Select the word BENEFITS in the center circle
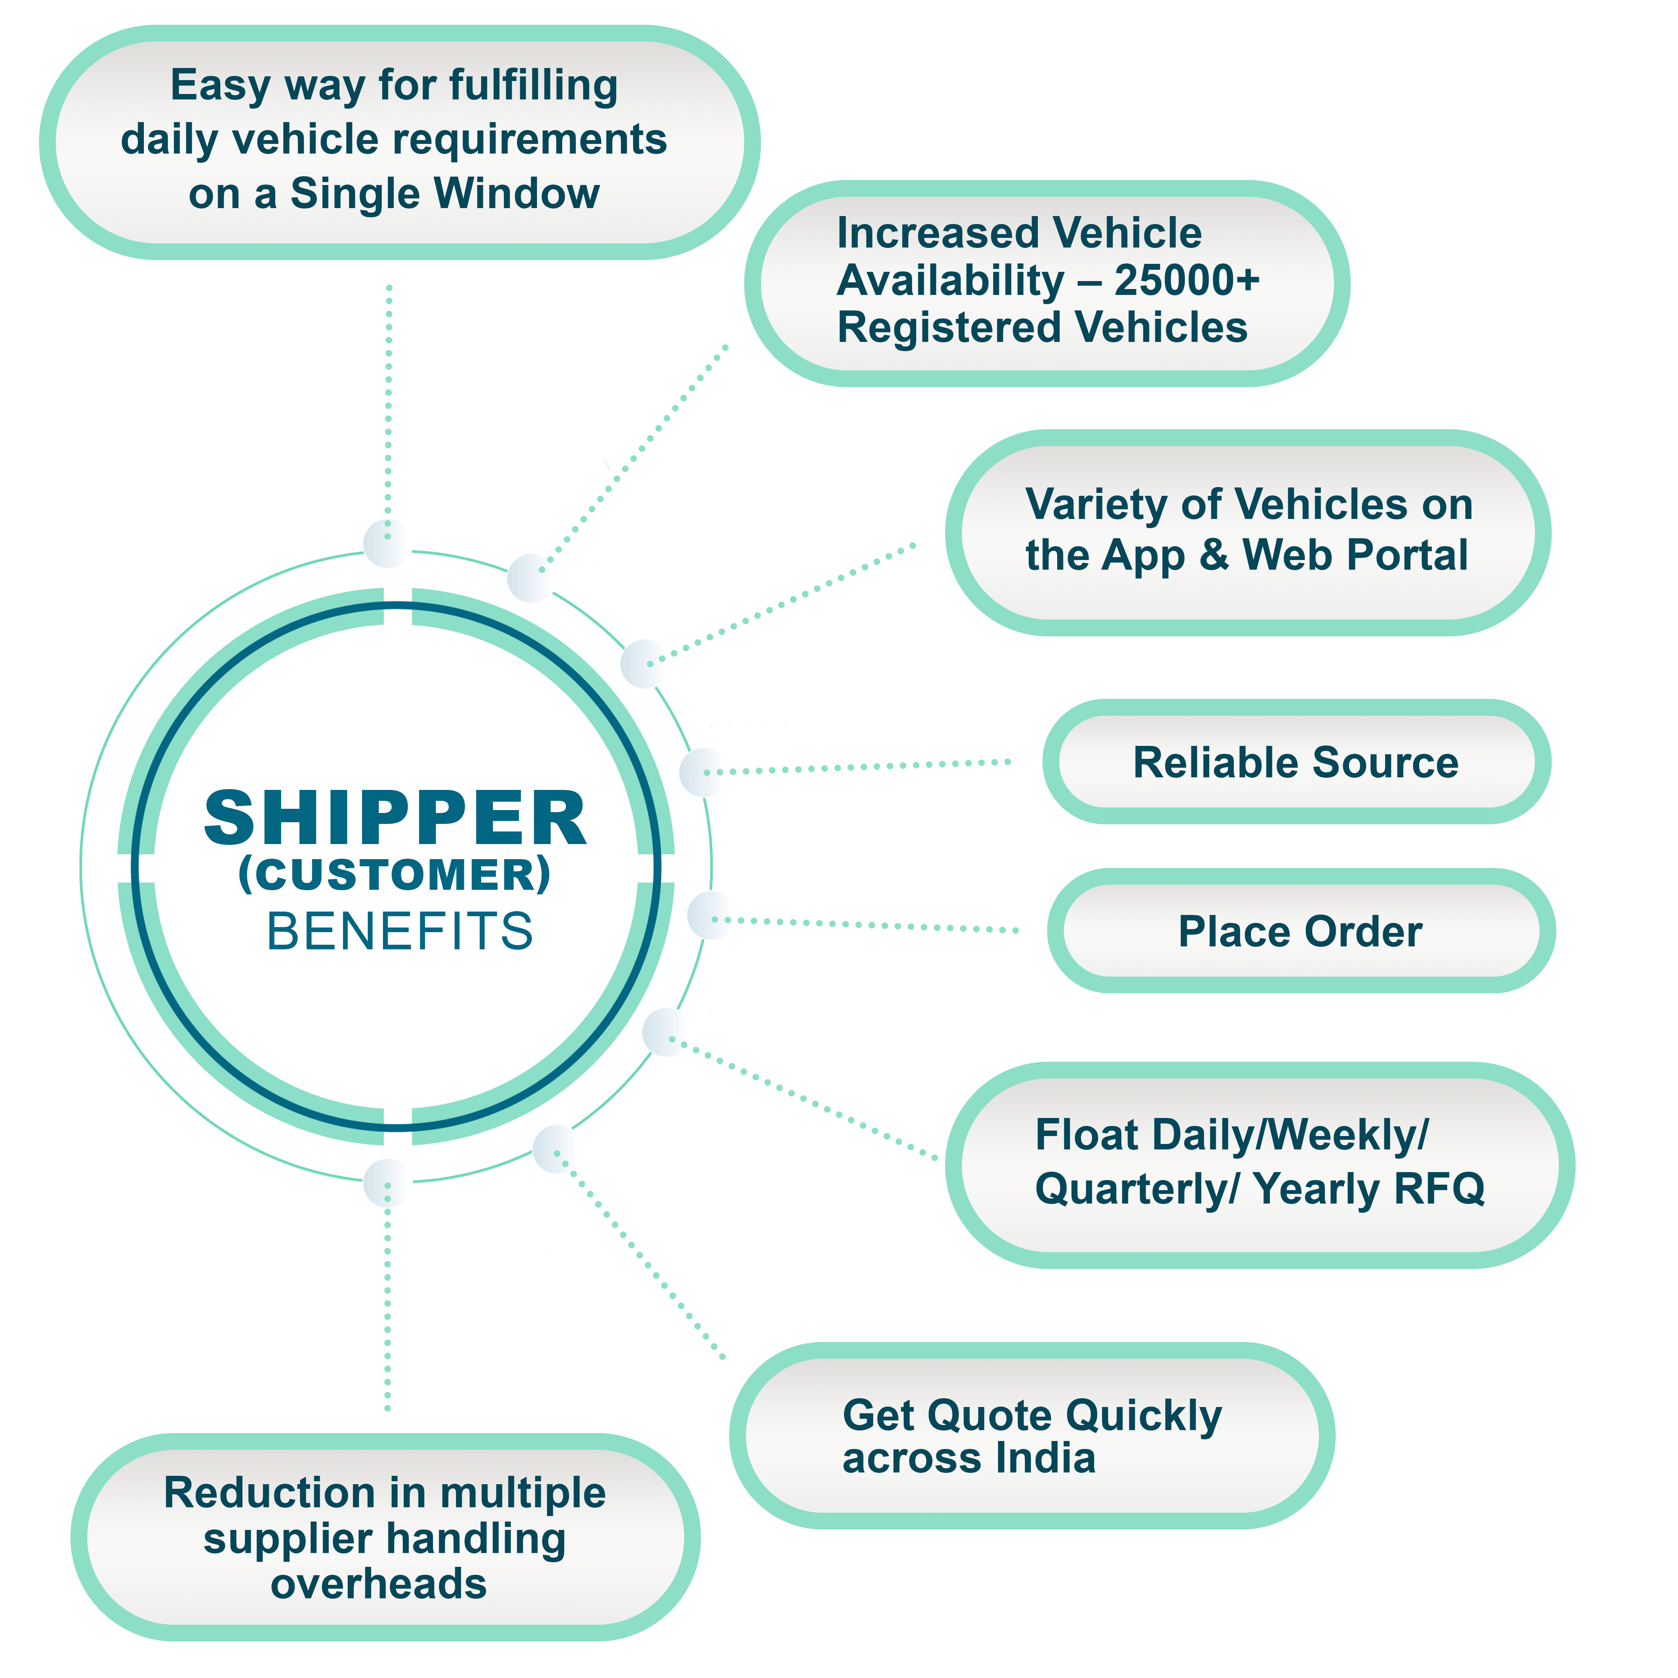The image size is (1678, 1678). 399,932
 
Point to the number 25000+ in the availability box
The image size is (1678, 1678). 1186,281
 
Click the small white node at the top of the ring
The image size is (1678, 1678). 387,544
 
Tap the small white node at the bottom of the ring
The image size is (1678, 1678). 387,1183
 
